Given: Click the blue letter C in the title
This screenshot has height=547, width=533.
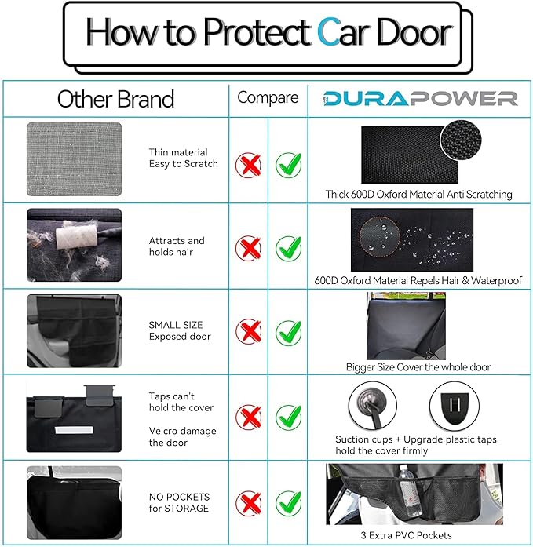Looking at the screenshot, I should point(328,32).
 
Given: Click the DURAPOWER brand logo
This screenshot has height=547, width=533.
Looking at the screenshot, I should point(421,98).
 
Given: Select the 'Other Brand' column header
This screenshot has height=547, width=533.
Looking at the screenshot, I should point(115,99).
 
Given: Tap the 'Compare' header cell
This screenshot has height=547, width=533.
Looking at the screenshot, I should point(268,98).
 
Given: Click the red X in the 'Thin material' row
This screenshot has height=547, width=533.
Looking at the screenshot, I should point(249,165).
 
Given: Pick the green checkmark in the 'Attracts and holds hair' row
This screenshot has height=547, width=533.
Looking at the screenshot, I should point(288,249).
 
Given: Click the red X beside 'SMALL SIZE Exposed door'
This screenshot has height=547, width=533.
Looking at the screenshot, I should point(249,332).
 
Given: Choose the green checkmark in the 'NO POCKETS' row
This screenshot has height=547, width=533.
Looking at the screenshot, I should point(288,501).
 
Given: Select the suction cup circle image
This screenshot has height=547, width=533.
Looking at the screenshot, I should point(374,407).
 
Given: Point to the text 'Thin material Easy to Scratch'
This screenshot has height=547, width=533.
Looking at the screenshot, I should point(183,159).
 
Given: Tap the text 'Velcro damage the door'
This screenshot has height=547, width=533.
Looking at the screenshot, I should point(182,437).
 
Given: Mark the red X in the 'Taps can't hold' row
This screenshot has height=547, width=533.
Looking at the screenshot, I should point(249,417).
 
